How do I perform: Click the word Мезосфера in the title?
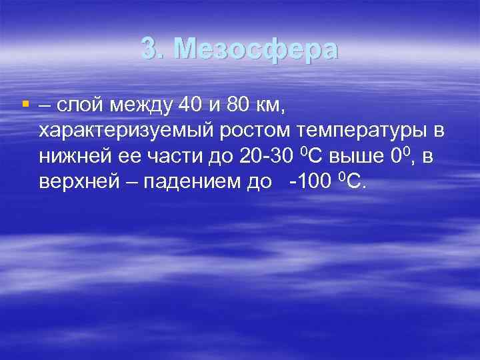click(x=257, y=49)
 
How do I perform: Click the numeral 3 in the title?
click(x=150, y=49)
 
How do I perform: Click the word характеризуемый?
click(x=123, y=131)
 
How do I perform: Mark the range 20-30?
click(x=259, y=157)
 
